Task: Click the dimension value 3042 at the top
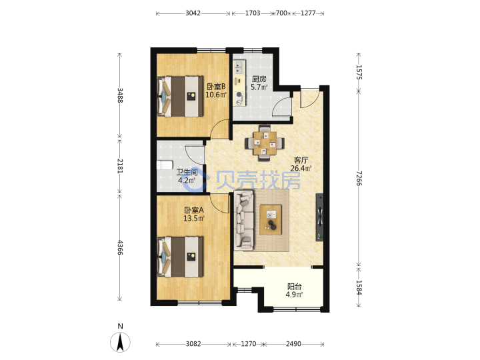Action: tap(193, 13)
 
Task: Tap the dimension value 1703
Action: tap(253, 13)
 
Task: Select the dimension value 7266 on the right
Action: tap(359, 178)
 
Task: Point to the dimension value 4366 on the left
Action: tap(120, 247)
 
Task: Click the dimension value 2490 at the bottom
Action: tap(293, 344)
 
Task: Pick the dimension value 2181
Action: tap(120, 165)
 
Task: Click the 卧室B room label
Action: tap(216, 87)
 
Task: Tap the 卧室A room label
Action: tap(194, 210)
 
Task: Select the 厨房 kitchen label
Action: tap(259, 79)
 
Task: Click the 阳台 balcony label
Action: tap(294, 287)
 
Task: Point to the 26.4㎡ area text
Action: tap(301, 168)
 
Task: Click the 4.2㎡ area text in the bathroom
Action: tap(187, 180)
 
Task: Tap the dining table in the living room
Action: tap(265, 143)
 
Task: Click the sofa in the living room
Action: tap(244, 219)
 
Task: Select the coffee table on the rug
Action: tap(271, 220)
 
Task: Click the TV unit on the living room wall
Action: tap(319, 217)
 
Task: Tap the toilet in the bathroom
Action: tap(164, 165)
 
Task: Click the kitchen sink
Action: tap(239, 67)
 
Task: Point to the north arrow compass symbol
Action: tap(120, 341)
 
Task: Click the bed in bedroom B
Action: tap(180, 96)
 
